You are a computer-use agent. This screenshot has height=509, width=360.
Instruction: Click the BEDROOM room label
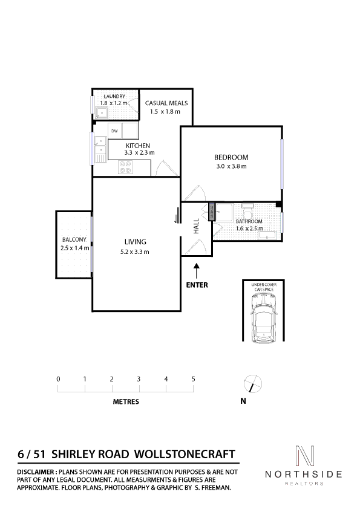[x=231, y=157]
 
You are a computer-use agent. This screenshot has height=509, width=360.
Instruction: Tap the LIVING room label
[x=135, y=242]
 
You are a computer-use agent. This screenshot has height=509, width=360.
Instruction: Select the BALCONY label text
[x=74, y=239]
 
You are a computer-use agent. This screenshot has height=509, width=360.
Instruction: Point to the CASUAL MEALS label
[x=166, y=103]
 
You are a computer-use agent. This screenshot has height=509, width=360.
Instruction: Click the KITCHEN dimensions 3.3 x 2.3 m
[x=139, y=152]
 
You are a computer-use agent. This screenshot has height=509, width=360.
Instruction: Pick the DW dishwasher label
[x=114, y=131]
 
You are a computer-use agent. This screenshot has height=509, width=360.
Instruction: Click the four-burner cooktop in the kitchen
[x=125, y=167]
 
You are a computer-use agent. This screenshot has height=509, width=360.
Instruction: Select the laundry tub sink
[x=102, y=112]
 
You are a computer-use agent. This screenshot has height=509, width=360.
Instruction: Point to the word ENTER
[x=197, y=285]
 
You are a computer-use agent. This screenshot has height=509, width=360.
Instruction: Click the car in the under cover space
[x=264, y=318]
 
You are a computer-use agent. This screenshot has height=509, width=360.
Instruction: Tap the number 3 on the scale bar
[x=139, y=379]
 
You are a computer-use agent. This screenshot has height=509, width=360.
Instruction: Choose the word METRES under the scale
[x=126, y=401]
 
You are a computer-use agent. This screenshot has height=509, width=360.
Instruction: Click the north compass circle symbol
[x=252, y=383]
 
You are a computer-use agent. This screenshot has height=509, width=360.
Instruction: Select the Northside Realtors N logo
[x=304, y=455]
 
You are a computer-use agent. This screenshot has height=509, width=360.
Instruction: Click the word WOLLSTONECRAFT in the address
[x=185, y=454]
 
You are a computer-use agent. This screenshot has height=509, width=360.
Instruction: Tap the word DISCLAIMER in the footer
[x=36, y=472]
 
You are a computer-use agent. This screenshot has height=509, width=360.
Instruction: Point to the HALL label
[x=196, y=226]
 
